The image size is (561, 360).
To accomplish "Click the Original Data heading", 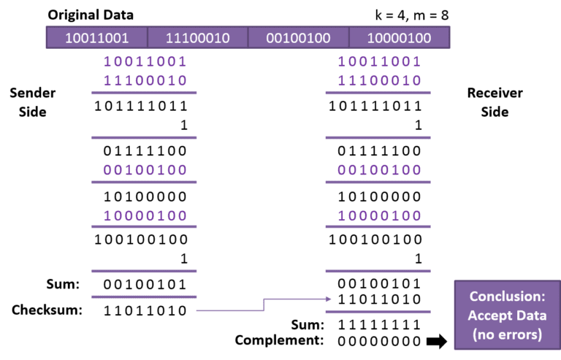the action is pyautogui.click(x=91, y=15).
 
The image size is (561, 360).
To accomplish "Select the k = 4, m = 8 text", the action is pyautogui.click(x=411, y=15).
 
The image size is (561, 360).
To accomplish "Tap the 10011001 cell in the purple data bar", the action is pyautogui.click(x=96, y=37).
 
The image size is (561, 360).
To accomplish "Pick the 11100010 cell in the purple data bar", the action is pyautogui.click(x=197, y=37).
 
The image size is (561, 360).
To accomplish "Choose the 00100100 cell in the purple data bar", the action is pyautogui.click(x=298, y=37).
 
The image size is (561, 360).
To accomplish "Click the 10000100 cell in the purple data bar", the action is pyautogui.click(x=400, y=37).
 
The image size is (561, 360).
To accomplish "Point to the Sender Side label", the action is pyautogui.click(x=33, y=102).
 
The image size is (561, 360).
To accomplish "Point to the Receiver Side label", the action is pyautogui.click(x=495, y=102).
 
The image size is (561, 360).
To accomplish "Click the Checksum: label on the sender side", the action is pyautogui.click(x=47, y=310).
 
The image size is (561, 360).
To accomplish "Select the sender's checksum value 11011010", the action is pyautogui.click(x=145, y=310).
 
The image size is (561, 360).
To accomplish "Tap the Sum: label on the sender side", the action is pyautogui.click(x=63, y=284).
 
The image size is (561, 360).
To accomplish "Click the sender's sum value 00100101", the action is pyautogui.click(x=145, y=285).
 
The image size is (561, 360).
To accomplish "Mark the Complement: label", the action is pyautogui.click(x=279, y=340).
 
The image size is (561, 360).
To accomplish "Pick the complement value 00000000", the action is pyautogui.click(x=379, y=342).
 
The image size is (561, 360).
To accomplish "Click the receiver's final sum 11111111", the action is pyautogui.click(x=379, y=325).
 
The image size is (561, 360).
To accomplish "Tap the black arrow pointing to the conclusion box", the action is pyautogui.click(x=437, y=341).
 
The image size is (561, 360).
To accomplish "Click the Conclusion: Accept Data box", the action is pyautogui.click(x=507, y=315).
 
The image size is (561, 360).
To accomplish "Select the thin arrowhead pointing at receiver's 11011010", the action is pyautogui.click(x=328, y=299).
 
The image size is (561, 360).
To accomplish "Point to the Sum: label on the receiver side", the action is pyautogui.click(x=308, y=325).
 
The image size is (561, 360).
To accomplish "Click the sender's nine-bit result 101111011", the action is pyautogui.click(x=140, y=106).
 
